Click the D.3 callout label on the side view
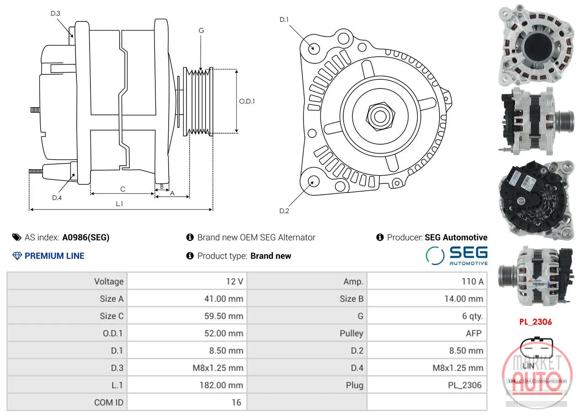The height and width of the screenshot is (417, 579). coord(55,13)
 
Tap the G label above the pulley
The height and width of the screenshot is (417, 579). coord(201,31)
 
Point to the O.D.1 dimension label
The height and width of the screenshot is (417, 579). coord(247,101)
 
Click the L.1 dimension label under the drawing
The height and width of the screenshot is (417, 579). coord(119,204)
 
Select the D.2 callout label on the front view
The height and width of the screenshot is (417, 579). coord(284,211)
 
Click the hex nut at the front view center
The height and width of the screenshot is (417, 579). coord(380,116)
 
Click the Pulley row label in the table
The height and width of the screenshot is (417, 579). coord(351,333)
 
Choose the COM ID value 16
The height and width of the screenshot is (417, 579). coord(236,402)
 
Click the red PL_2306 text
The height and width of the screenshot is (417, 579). coord(536,322)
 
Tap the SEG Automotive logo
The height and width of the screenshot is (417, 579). coord(457,255)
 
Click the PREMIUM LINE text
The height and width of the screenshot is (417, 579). coord(54,256)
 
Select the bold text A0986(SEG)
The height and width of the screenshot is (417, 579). coord(86,237)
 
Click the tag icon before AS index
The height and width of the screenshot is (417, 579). coord(17,237)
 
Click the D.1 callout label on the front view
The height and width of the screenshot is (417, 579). coord(284,19)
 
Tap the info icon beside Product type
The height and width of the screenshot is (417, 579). coord(190,256)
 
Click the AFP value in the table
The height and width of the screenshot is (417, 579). coord(473,333)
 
